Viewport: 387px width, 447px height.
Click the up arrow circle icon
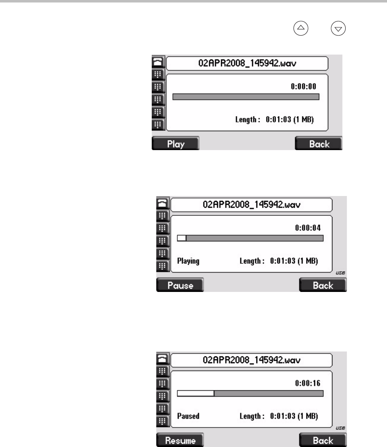(x=301, y=28)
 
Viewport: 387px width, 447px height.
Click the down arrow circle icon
(x=338, y=28)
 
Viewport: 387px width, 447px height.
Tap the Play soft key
(x=175, y=143)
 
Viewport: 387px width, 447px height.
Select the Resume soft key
(x=180, y=440)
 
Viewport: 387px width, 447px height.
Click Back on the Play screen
(x=319, y=143)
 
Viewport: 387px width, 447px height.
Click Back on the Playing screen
(x=323, y=285)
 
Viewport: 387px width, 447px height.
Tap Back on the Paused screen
(x=323, y=440)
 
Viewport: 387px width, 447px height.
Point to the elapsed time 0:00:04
(x=308, y=228)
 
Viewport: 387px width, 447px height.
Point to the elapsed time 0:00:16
(x=308, y=383)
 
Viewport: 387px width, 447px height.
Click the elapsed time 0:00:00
(x=303, y=86)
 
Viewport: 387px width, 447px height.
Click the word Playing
(x=188, y=261)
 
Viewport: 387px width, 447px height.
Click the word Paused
(x=188, y=416)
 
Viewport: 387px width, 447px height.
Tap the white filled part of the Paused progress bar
(x=196, y=393)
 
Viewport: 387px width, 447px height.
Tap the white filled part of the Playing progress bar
(x=182, y=238)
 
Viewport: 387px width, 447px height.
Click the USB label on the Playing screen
(x=340, y=273)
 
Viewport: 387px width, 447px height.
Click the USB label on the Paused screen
(x=340, y=428)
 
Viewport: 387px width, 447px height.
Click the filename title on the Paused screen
(x=251, y=360)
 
